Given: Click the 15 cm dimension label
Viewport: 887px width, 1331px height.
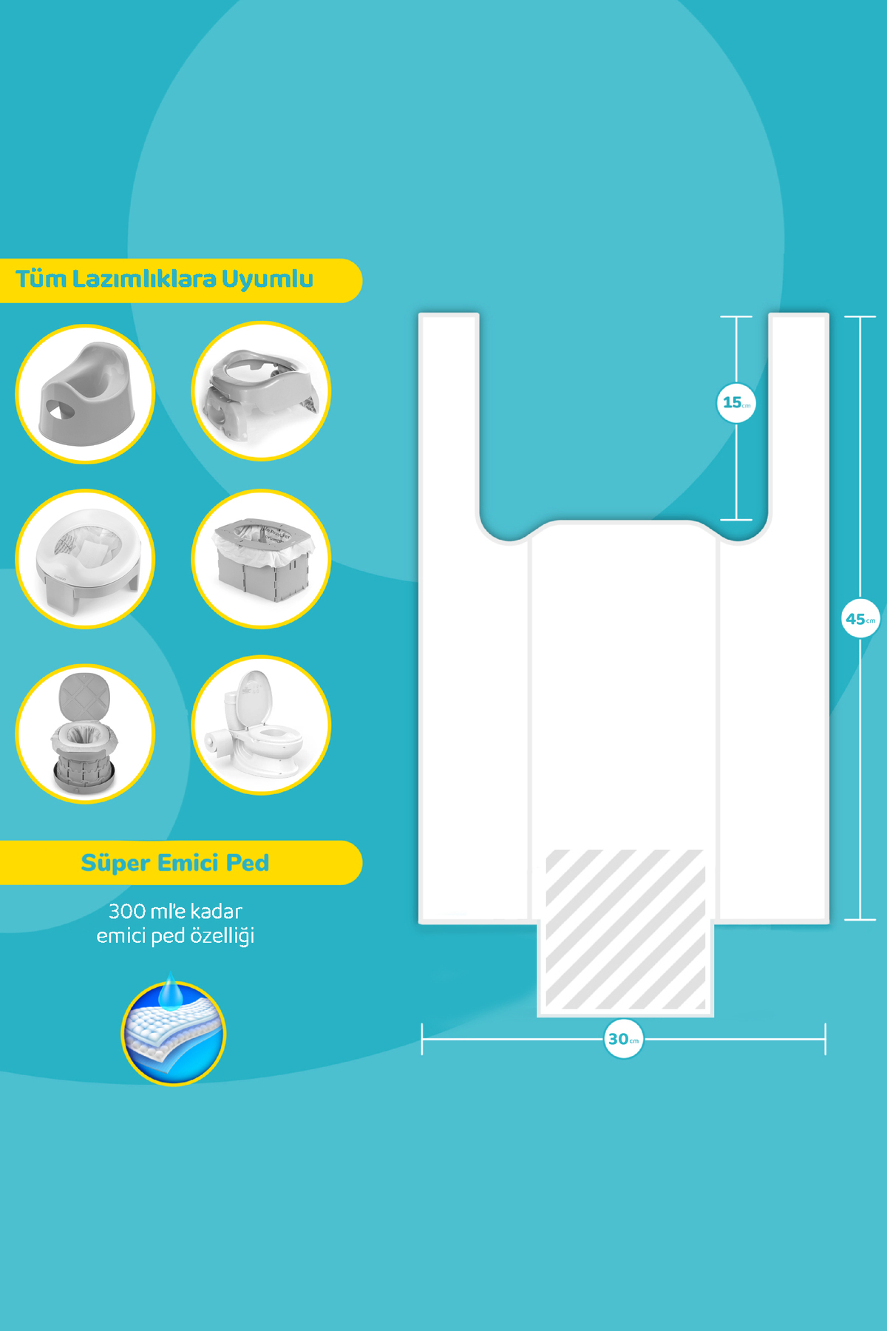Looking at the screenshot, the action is point(736,403).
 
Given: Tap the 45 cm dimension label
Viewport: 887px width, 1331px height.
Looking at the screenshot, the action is point(860,619).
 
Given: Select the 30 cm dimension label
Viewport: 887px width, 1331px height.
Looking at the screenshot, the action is point(623,1039).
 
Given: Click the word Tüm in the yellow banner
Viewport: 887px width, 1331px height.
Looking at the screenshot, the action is point(41,279).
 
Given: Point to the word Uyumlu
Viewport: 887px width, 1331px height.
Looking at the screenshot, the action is point(267,280).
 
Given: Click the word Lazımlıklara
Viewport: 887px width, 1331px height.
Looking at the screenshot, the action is point(144,279).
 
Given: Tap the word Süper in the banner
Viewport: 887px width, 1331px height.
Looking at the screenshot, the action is point(115,863).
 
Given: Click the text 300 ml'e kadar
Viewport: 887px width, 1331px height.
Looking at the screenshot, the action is point(175,911).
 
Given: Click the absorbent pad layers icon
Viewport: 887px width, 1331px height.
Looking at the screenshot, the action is point(173,1032).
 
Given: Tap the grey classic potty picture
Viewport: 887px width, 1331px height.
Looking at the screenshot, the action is point(85,394).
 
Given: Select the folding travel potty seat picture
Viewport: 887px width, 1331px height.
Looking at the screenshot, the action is point(261,391).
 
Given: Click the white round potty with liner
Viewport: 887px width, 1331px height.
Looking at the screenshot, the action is point(85,559).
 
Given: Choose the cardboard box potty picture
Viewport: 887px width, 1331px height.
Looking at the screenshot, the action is point(261,559).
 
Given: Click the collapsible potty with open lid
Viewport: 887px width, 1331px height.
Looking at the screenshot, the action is point(85,734).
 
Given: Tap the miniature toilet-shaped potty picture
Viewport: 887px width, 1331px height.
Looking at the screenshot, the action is point(261,725).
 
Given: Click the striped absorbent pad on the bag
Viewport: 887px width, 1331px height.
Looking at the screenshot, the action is point(625,930).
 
